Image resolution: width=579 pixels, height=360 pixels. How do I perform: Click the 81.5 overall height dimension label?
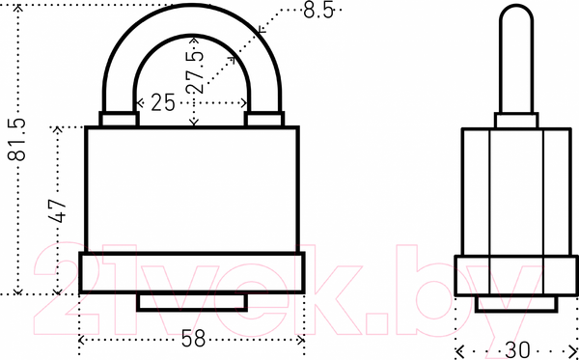point(16,139)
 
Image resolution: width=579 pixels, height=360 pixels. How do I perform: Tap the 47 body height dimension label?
point(57,210)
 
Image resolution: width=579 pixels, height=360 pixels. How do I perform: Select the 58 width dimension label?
point(194,338)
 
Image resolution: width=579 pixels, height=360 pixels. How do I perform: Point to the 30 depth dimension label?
point(517,350)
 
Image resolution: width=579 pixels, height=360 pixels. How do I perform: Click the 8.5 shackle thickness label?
point(318,10)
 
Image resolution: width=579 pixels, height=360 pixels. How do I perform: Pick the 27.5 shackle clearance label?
point(195,71)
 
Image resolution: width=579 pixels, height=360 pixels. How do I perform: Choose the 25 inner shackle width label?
point(163,102)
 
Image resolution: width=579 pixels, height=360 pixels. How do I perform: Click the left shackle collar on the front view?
point(119,119)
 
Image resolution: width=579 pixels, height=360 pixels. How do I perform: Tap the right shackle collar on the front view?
point(264,119)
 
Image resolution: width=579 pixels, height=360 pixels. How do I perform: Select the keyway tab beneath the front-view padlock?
point(192,302)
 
